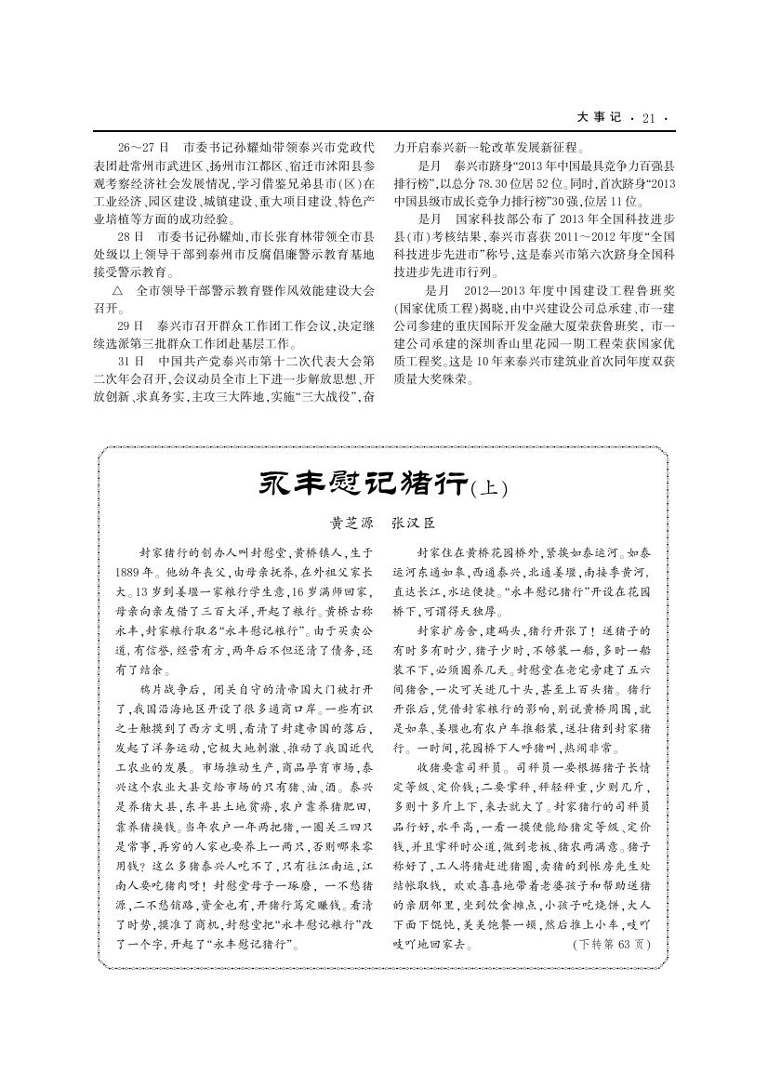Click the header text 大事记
pyautogui.click(x=597, y=118)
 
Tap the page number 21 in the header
pyautogui.click(x=648, y=118)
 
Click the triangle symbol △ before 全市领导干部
pyautogui.click(x=117, y=290)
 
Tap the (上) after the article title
pyautogui.click(x=490, y=486)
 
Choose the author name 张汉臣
pyautogui.click(x=413, y=524)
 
